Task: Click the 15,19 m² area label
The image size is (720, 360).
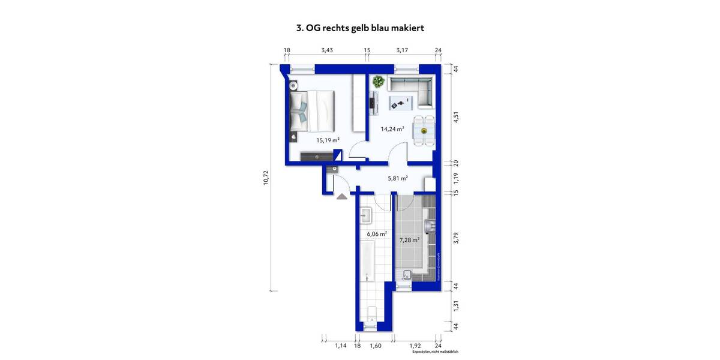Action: click(328, 140)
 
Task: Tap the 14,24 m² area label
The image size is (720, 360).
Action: click(392, 128)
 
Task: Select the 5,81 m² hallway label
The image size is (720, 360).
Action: click(397, 178)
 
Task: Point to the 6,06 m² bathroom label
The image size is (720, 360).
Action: click(377, 234)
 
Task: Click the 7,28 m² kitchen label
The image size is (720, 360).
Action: click(409, 240)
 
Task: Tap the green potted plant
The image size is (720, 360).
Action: click(378, 81)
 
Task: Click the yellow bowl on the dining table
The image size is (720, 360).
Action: click(424, 130)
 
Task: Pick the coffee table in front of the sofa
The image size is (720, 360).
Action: click(401, 102)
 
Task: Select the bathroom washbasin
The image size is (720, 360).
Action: click(367, 214)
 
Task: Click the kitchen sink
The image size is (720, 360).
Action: click(430, 226)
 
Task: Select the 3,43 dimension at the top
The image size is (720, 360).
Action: click(327, 50)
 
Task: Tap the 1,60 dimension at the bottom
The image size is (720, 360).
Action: click(376, 346)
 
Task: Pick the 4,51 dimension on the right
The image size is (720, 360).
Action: click(456, 117)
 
